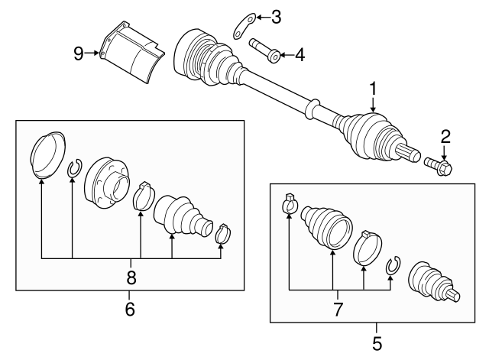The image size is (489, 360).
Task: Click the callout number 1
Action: (373, 89)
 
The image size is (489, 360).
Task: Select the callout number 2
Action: (446, 137)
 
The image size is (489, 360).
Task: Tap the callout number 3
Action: (277, 16)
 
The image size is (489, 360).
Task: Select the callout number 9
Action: (79, 53)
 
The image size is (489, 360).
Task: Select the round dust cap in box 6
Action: (47, 155)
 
